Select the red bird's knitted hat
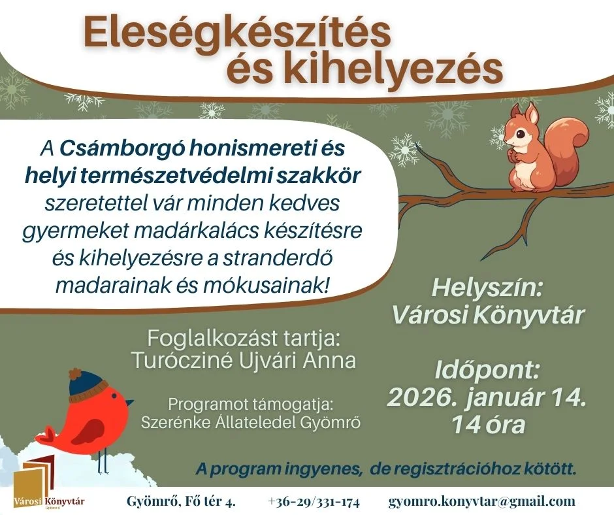pyautogui.click(x=88, y=385)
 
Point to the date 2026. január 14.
pyautogui.click(x=487, y=397)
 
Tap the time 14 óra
pyautogui.click(x=487, y=425)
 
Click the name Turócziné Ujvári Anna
pyautogui.click(x=244, y=360)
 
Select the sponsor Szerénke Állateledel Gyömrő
pyautogui.click(x=251, y=422)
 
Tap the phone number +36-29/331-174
pyautogui.click(x=314, y=502)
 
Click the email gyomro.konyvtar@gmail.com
pyautogui.click(x=482, y=502)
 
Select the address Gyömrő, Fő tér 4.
pyautogui.click(x=180, y=502)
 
